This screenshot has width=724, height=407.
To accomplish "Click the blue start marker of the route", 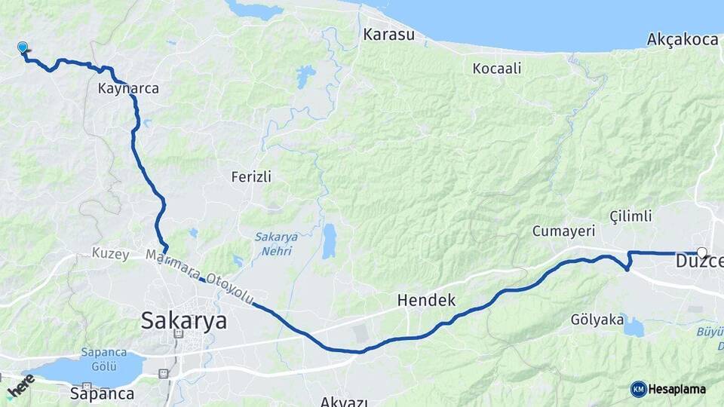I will pos(23,47).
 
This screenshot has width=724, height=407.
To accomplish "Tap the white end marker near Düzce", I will pos(702,252).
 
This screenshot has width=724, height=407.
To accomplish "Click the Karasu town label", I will pos(388,35).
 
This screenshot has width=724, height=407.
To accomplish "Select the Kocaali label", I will pos(497,69).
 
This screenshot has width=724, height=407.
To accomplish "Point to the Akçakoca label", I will pos(682,40).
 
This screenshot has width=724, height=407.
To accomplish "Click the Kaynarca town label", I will pos(128,88).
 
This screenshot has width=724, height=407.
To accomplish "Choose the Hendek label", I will pos(426,300).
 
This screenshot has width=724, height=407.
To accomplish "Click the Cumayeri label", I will pos(563,231).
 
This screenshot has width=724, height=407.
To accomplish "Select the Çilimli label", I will pos(630,216).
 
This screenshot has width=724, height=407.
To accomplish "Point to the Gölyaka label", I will pos(597,320).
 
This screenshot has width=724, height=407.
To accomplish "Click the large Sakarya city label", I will pos(183,320).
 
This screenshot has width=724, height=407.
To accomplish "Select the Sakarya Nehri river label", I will pos(276,243).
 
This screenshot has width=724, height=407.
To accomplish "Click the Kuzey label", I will pos(111,252).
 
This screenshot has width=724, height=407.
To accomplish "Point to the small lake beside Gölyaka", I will pos(632,326).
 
